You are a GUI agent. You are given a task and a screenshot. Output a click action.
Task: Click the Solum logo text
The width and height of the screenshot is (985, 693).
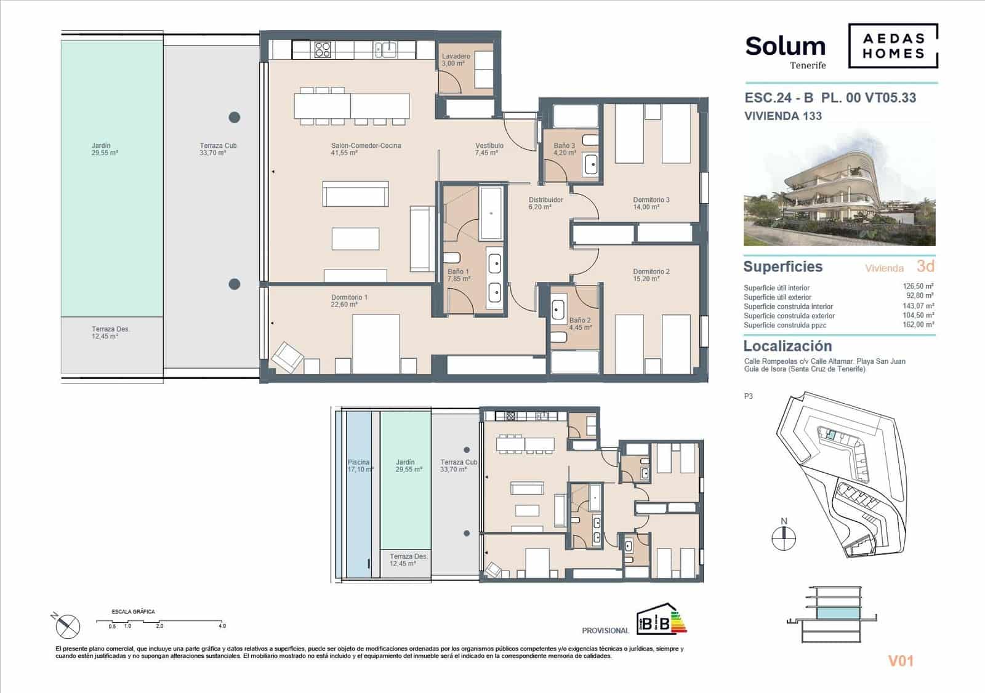pyautogui.click(x=785, y=47)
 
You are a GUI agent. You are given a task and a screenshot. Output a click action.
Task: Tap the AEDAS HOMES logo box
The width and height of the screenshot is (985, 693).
pyautogui.click(x=893, y=46)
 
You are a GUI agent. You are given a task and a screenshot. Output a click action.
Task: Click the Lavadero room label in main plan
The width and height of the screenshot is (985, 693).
pyautogui.click(x=456, y=60)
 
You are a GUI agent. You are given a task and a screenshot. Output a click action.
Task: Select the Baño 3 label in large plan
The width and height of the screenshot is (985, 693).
pyautogui.click(x=564, y=149)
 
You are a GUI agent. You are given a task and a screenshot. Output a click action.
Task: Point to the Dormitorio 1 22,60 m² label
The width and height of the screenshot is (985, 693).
pyautogui.click(x=349, y=301)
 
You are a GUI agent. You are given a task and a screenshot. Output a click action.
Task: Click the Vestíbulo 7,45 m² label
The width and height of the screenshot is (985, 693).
pyautogui.click(x=489, y=149)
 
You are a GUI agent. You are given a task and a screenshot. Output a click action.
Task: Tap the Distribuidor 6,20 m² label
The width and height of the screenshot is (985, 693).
pyautogui.click(x=545, y=203)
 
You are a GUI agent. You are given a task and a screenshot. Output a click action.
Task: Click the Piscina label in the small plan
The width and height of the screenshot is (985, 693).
pyautogui.click(x=360, y=465)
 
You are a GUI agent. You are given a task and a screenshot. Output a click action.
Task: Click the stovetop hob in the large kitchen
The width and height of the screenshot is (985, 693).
pyautogui.click(x=323, y=49)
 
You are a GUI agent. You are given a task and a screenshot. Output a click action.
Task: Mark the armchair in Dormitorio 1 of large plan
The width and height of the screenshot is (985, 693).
pyautogui.click(x=287, y=356)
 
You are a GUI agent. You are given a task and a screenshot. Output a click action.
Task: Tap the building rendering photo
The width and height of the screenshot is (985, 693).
pyautogui.click(x=839, y=188)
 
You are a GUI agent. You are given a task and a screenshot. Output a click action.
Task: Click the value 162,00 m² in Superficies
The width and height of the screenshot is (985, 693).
pyautogui.click(x=918, y=324)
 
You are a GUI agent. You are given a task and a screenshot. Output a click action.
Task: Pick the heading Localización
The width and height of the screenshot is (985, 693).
pyautogui.click(x=787, y=346)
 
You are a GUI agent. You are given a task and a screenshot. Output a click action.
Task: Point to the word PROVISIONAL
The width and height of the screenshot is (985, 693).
pyautogui.click(x=605, y=631)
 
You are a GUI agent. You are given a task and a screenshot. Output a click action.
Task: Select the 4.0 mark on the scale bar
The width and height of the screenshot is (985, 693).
pyautogui.click(x=222, y=626)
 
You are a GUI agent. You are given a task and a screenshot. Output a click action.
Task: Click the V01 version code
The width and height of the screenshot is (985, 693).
pyautogui.click(x=900, y=661)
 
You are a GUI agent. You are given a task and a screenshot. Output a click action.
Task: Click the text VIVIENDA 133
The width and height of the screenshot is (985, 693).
pyautogui.click(x=782, y=116)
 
